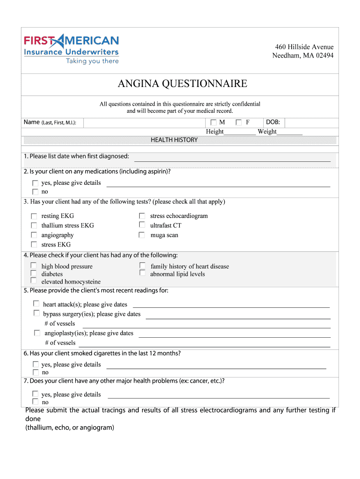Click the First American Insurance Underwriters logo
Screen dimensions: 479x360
(72, 50)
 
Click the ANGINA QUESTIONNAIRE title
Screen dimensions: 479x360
(182, 84)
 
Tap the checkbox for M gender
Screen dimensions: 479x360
(214, 123)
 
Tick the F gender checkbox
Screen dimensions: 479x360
(239, 123)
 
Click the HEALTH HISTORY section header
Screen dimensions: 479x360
(174, 140)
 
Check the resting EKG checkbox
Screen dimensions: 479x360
(34, 216)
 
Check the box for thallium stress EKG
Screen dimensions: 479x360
(34, 225)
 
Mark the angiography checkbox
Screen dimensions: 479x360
(34, 235)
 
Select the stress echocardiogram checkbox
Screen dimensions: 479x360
(142, 216)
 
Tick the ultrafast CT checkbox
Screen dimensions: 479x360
(142, 225)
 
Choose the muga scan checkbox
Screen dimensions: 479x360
(142, 235)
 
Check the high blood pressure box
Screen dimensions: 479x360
(34, 265)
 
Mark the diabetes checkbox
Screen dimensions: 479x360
(34, 273)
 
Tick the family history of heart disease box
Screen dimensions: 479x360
(142, 265)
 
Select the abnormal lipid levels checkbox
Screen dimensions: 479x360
(142, 273)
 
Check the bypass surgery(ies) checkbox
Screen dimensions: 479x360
(36, 313)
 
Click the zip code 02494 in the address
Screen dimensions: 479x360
(325, 56)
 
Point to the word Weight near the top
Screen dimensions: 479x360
(267, 131)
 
